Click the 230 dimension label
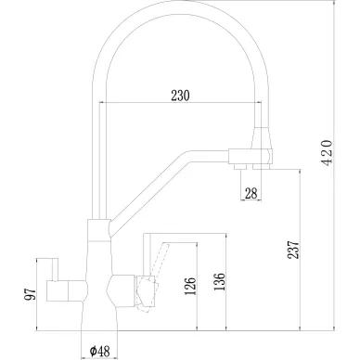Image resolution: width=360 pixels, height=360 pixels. (180, 96)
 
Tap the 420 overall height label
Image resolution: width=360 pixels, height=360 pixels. (328, 153)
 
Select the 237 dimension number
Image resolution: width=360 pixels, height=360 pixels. (294, 250)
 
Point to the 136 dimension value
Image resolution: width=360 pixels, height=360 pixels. (219, 281)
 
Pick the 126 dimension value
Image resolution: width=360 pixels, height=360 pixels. (190, 286)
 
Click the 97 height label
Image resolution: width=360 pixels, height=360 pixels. (31, 294)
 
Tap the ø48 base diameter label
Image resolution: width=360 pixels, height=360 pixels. (99, 351)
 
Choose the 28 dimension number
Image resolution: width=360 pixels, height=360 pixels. (251, 194)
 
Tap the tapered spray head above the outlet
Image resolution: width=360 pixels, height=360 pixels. (262, 138)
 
